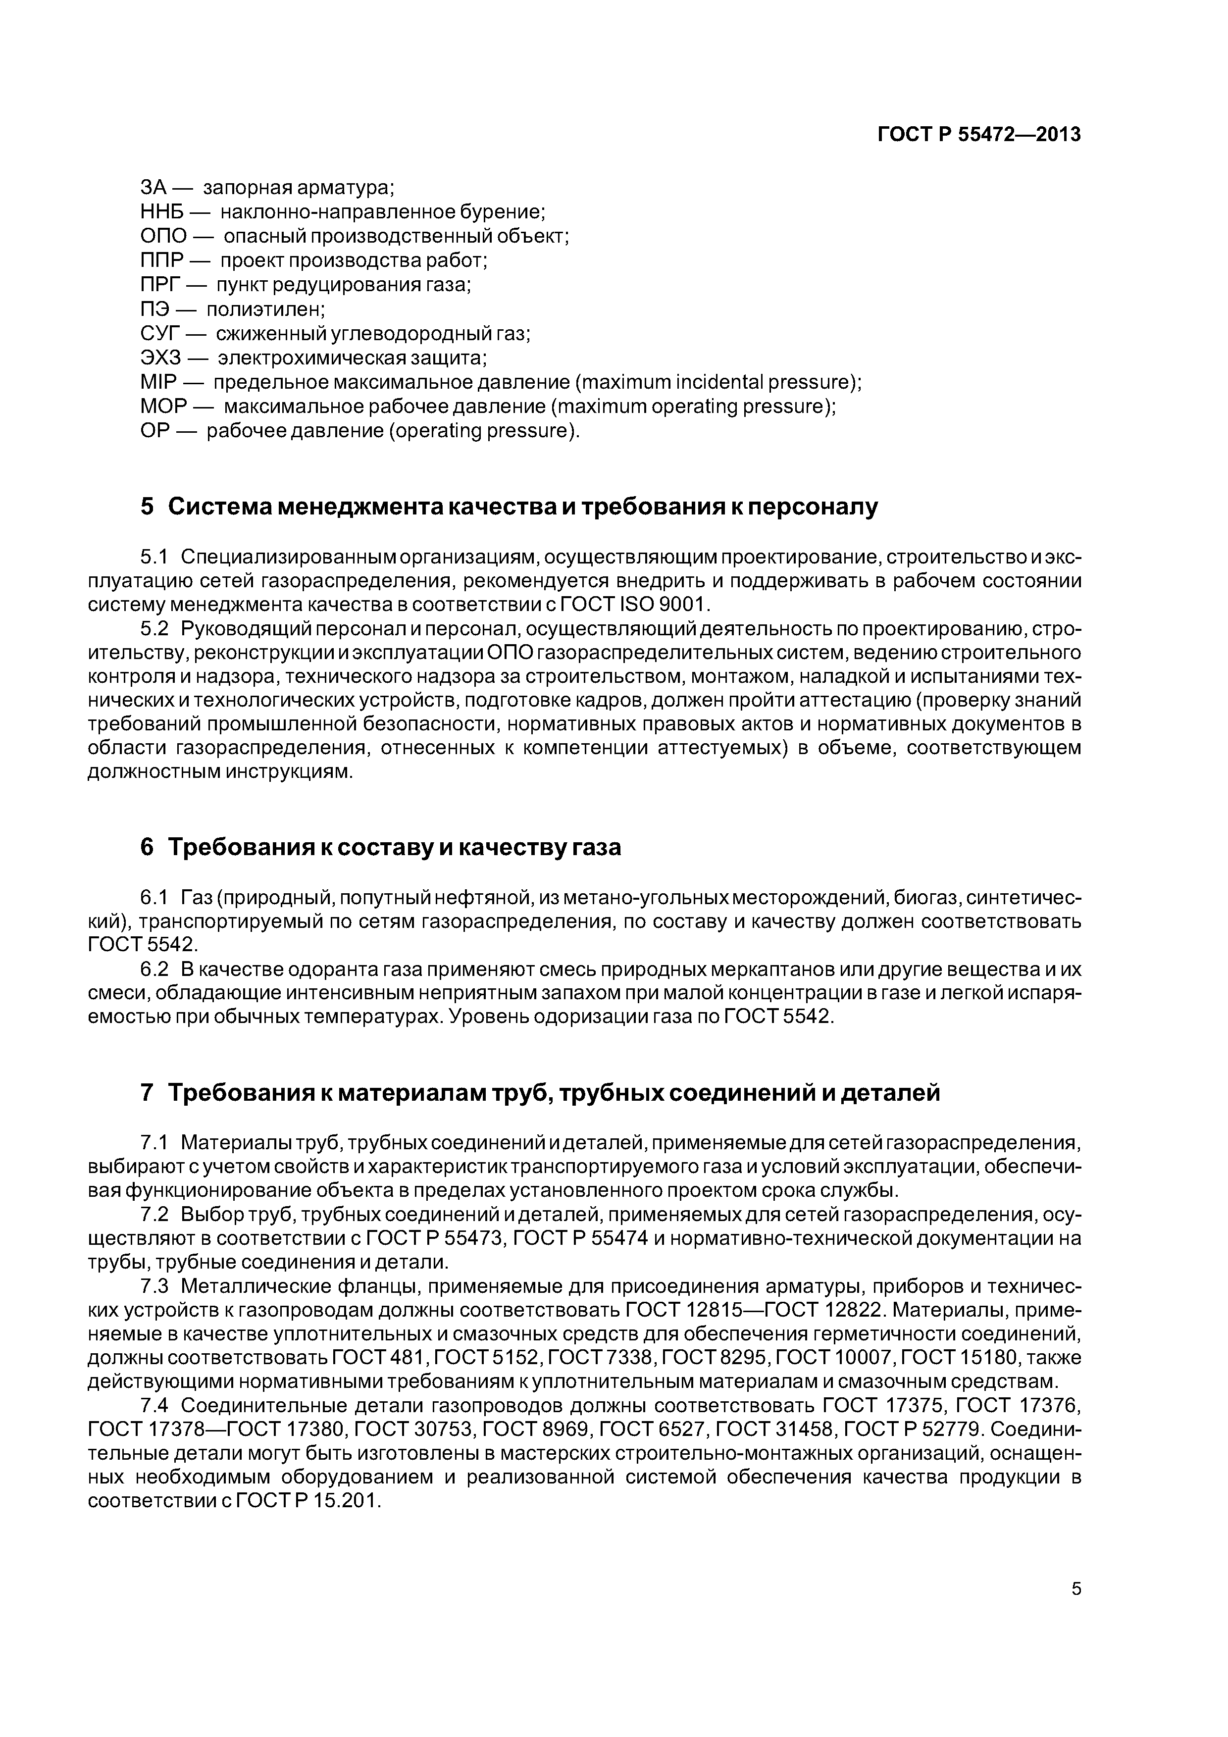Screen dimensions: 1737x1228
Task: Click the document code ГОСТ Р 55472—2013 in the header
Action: click(x=979, y=135)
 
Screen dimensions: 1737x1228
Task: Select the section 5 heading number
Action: click(x=147, y=507)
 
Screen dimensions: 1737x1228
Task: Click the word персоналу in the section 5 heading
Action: click(x=815, y=507)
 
